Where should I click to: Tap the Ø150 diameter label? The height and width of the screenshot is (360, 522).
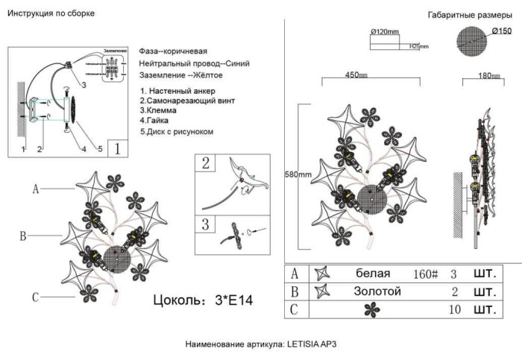click(x=502, y=31)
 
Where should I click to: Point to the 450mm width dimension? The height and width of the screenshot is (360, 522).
click(x=355, y=75)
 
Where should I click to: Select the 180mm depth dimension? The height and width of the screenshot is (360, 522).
click(x=488, y=75)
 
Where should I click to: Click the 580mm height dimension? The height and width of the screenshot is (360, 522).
click(x=298, y=175)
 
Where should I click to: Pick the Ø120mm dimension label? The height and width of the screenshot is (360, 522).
click(x=385, y=31)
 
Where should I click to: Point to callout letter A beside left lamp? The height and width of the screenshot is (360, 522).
click(x=35, y=189)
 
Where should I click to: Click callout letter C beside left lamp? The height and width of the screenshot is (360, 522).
click(x=35, y=298)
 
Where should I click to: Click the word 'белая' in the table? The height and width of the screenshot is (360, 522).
click(x=374, y=274)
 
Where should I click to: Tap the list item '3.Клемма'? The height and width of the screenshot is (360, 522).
click(x=159, y=110)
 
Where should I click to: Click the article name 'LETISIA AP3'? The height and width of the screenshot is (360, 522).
click(x=317, y=345)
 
